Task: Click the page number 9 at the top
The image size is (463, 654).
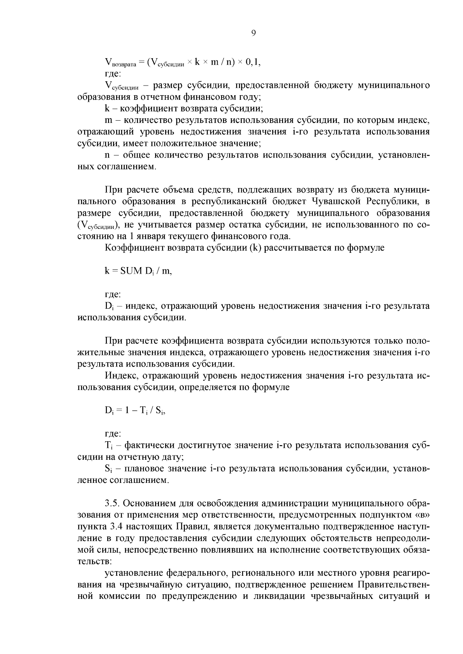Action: click(253, 33)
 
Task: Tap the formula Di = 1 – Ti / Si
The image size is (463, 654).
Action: click(135, 411)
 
